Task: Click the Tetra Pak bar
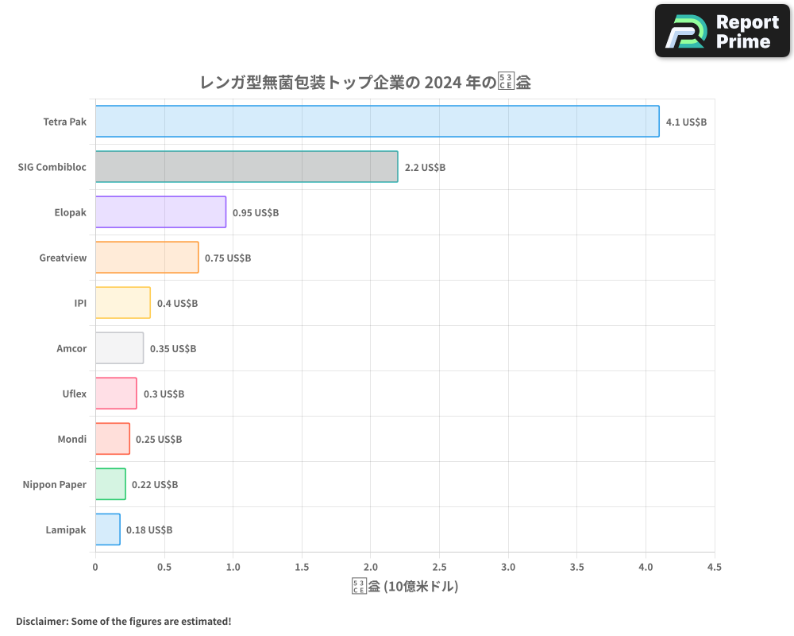[377, 122]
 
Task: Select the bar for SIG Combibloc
[246, 167]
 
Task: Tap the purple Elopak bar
[160, 212]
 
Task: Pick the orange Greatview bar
[147, 258]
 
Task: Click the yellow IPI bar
[123, 303]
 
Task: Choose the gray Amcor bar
[119, 348]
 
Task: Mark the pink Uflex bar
[116, 394]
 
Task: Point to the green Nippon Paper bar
[110, 484]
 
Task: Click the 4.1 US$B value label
[686, 122]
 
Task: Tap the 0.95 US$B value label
[256, 213]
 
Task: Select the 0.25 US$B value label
[159, 440]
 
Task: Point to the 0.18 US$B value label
[149, 530]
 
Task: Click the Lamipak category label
[67, 529]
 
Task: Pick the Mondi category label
[72, 439]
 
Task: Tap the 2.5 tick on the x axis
[439, 568]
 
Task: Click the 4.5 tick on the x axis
[714, 568]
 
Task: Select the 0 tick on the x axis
[95, 568]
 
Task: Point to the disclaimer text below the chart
[123, 621]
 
